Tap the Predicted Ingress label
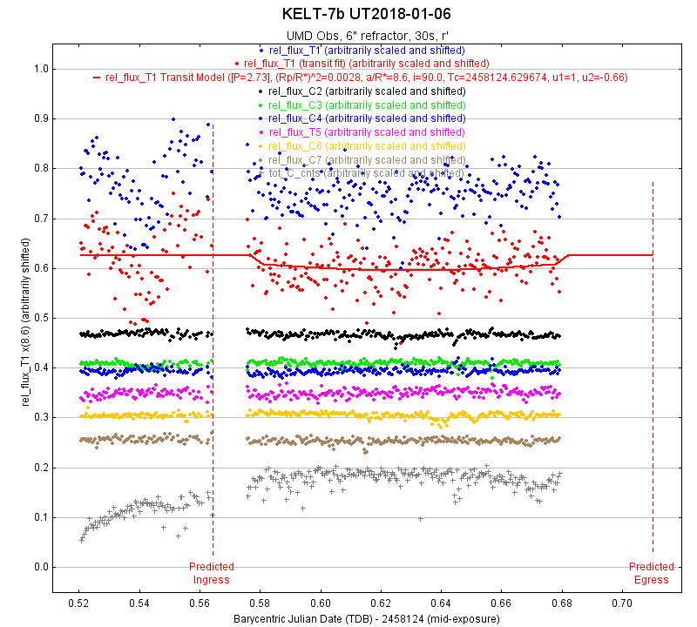point(212,573)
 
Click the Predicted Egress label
point(652,573)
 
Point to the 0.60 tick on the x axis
point(321,602)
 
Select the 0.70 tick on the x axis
point(622,602)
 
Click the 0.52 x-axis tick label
point(79,602)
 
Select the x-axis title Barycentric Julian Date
point(366,618)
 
